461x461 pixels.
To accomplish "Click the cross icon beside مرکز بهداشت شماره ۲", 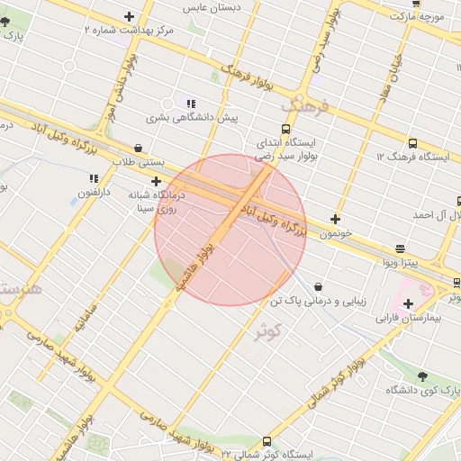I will coord(130,16).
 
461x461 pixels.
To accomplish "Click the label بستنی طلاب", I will coord(138,162).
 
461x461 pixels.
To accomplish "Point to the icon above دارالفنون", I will coord(94,178).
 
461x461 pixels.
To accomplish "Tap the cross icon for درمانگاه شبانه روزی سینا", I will coord(156,181).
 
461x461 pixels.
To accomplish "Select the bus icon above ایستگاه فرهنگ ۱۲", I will coord(412,143).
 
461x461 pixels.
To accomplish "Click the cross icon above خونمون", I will coord(336,219).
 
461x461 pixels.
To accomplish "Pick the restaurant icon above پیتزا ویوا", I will coord(400,249).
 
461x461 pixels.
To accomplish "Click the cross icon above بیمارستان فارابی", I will coord(408,304).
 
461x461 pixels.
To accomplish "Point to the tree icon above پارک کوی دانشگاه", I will coord(422,376).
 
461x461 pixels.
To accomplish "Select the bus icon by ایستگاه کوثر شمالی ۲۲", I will coord(267,441).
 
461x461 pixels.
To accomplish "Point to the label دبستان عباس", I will coord(212,7).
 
